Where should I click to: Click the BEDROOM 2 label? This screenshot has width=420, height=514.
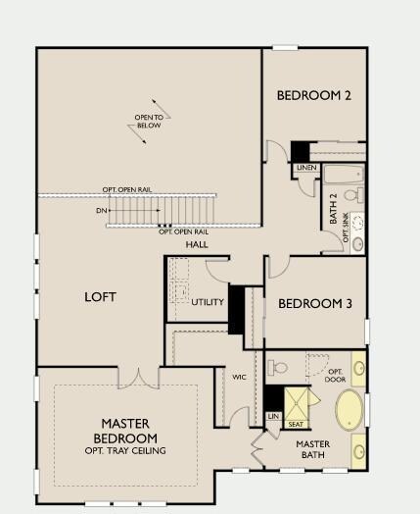313,95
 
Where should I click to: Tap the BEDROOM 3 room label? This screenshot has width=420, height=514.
315,303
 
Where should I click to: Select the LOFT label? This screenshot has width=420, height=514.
100,297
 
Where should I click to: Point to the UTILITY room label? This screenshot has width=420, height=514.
208,302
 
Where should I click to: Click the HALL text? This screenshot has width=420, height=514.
197,244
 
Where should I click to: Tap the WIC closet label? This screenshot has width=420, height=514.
239,377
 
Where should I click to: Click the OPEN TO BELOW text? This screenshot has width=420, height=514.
149,122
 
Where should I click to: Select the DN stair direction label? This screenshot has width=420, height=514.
102,211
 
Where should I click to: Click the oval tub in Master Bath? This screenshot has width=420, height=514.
350,410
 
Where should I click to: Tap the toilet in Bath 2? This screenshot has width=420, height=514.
354,195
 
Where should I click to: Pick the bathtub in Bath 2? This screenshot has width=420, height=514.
344,175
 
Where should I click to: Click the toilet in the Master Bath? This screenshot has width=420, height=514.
277,368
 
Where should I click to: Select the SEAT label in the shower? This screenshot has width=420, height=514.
296,424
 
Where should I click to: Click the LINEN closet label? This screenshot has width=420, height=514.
306,168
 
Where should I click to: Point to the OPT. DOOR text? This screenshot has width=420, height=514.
335,376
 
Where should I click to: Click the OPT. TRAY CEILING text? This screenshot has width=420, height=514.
125,451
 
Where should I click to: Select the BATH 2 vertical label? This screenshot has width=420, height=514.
333,209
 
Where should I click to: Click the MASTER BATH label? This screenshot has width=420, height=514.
313,449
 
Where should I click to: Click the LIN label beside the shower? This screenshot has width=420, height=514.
273,416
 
